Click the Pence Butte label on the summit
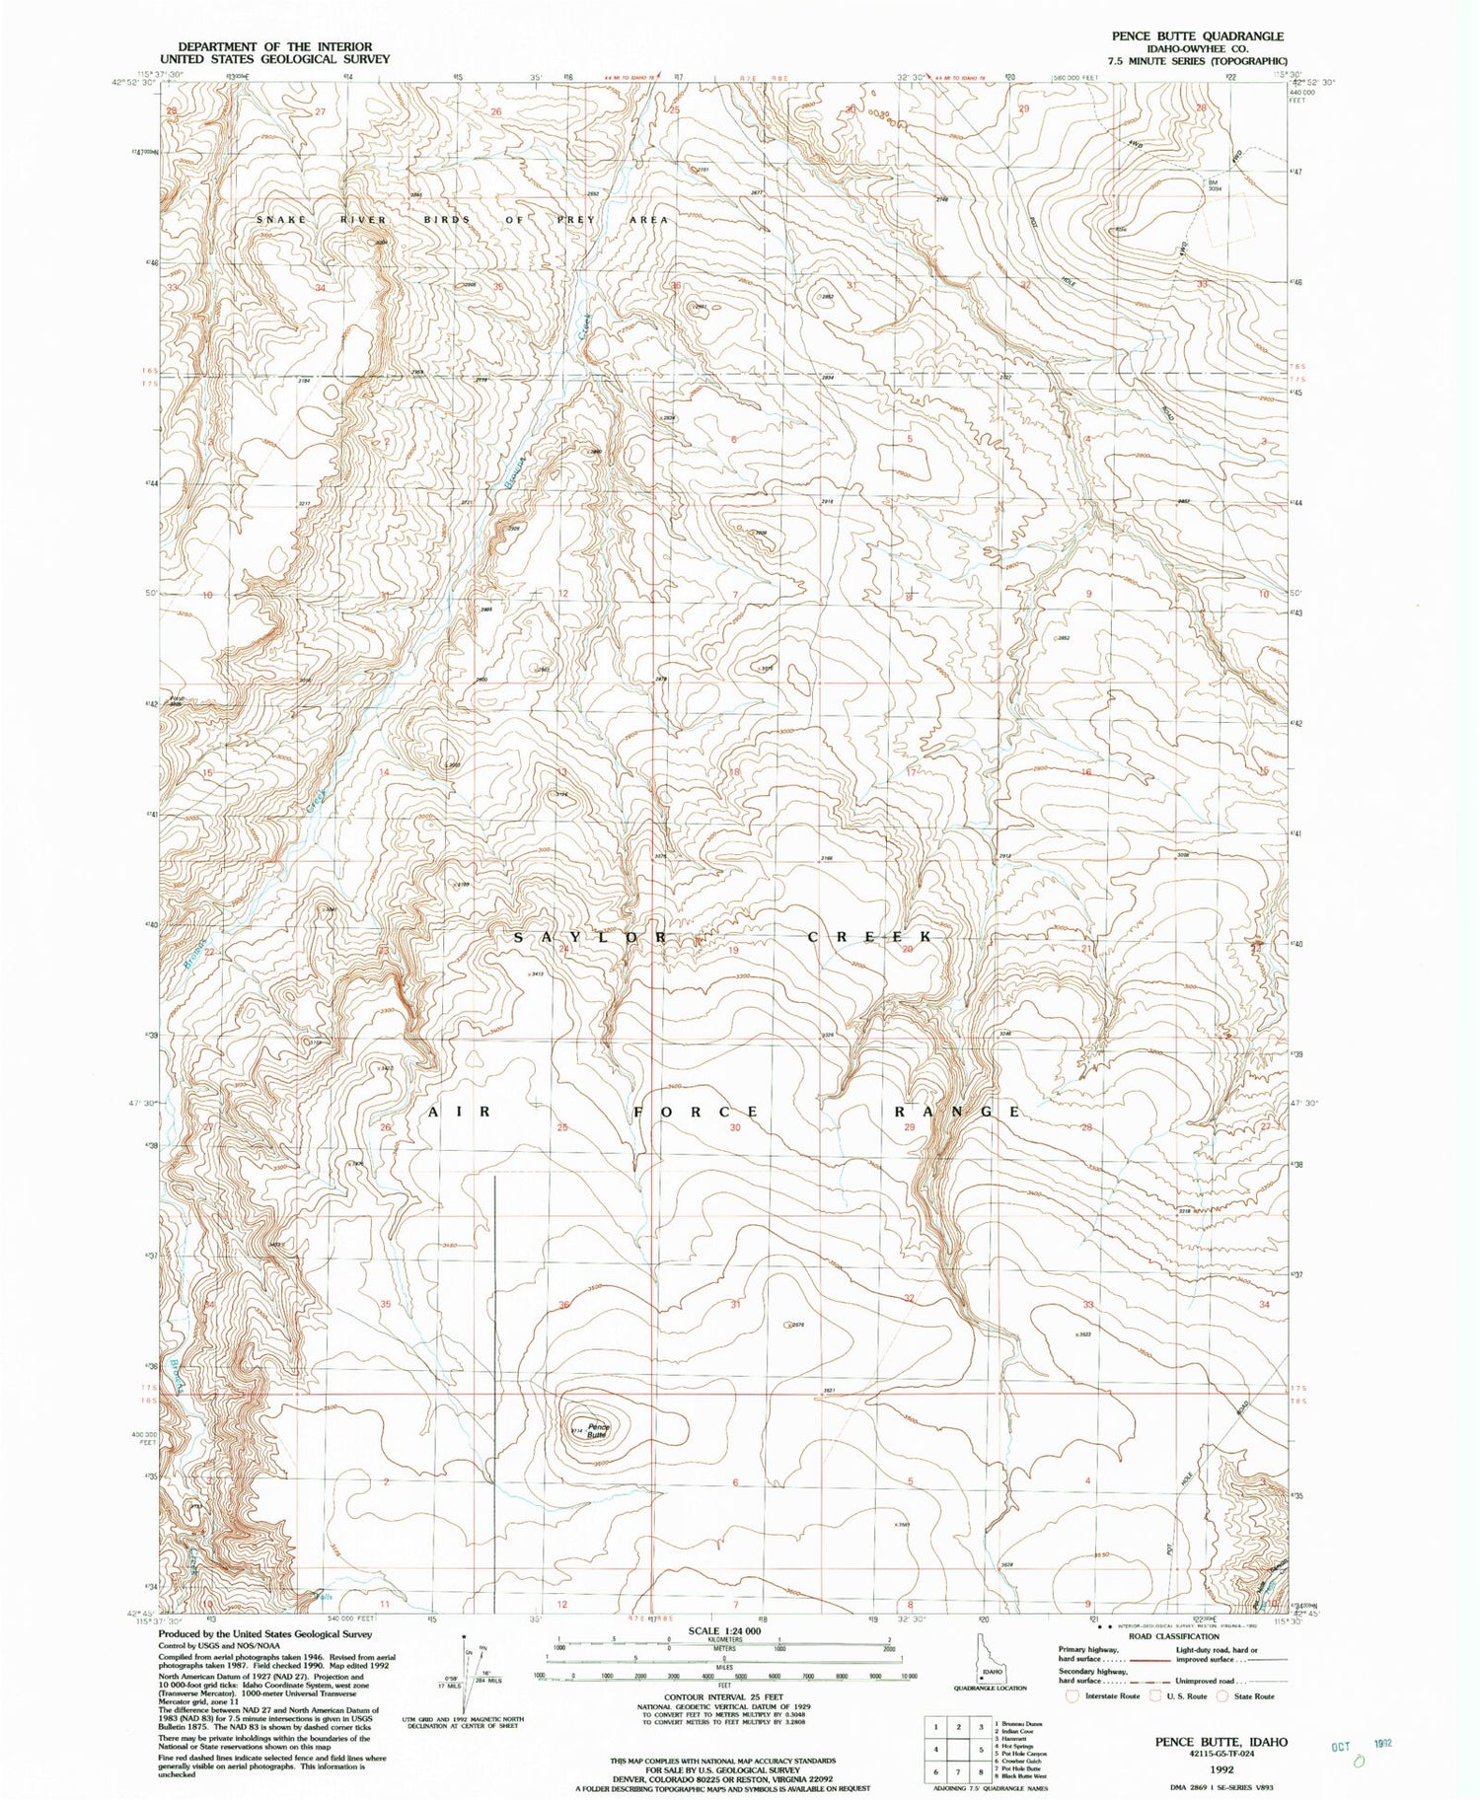coord(598,1431)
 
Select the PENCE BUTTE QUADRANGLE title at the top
coord(1198,36)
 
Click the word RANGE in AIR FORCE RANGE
coord(957,1112)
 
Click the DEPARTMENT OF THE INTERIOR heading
coord(274,46)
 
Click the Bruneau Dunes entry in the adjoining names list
coord(1022,1724)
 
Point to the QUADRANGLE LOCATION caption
coord(990,1688)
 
